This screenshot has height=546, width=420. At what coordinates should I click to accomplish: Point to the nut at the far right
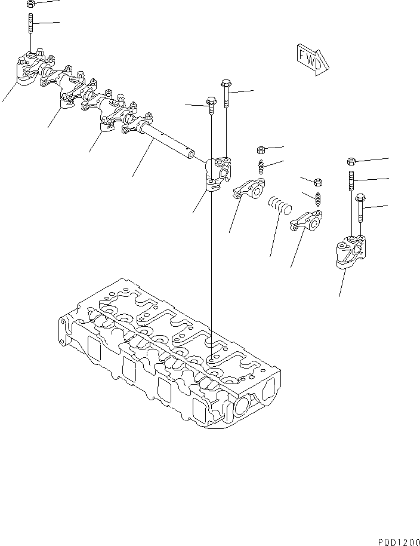tap(352, 161)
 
